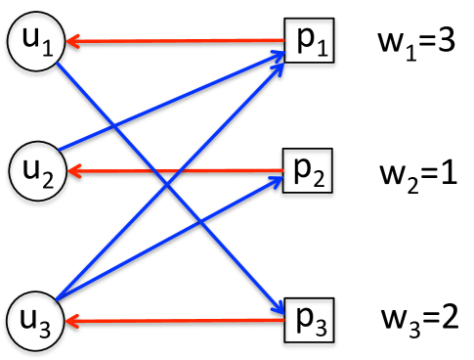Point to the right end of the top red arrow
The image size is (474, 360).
click(x=283, y=40)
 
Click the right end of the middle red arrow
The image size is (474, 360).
click(x=283, y=170)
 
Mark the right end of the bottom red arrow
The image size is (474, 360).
click(x=283, y=319)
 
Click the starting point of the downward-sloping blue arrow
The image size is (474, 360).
click(x=58, y=64)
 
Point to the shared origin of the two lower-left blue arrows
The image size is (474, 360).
click(x=58, y=298)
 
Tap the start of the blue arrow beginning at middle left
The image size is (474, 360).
click(x=60, y=149)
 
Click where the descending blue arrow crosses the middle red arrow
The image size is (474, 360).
click(x=153, y=171)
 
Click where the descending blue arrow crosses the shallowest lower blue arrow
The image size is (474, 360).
click(x=200, y=222)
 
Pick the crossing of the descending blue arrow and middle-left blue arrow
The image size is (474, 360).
click(x=113, y=126)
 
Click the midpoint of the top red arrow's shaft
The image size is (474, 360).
click(x=176, y=41)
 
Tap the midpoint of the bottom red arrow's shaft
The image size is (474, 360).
click(x=176, y=320)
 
